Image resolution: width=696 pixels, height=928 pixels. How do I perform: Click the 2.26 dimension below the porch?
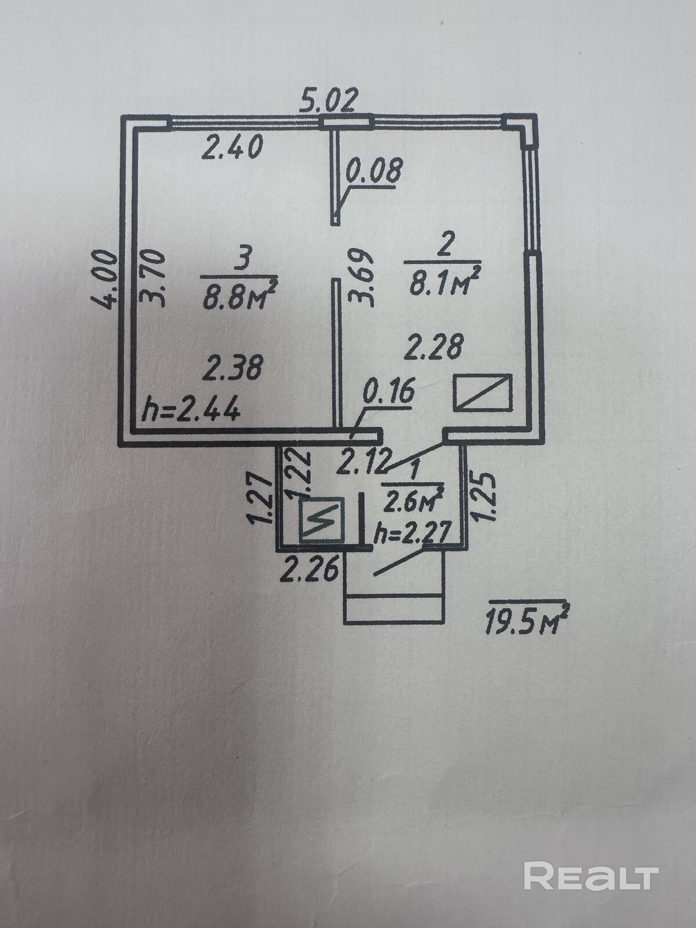[310, 571]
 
